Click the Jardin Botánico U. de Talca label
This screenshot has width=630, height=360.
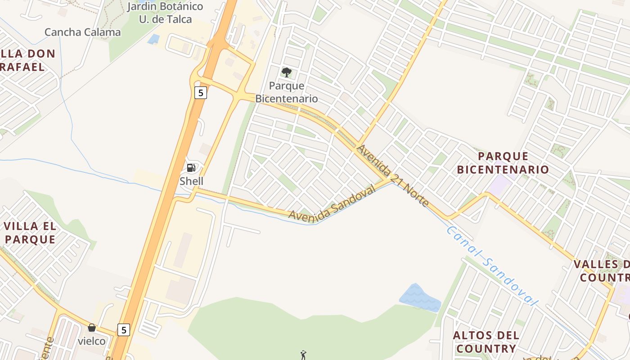165,13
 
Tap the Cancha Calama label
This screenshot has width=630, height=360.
82,32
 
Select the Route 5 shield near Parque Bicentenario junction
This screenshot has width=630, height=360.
200,93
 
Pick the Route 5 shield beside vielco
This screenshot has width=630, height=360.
124,329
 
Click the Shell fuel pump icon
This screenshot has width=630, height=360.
191,168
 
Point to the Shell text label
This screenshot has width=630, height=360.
191,181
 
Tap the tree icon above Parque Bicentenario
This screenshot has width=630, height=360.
286,72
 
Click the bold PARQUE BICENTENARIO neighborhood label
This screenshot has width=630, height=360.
503,163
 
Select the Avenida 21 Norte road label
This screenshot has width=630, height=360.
392,175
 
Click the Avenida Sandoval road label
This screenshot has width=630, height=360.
332,204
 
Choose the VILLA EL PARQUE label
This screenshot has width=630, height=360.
30,233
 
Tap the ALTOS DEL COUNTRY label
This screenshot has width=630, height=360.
486,342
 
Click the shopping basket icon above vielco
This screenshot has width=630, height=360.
92,328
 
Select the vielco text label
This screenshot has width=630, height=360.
92,341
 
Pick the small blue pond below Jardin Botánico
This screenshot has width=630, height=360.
153,39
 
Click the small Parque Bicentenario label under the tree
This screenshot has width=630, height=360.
287,92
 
